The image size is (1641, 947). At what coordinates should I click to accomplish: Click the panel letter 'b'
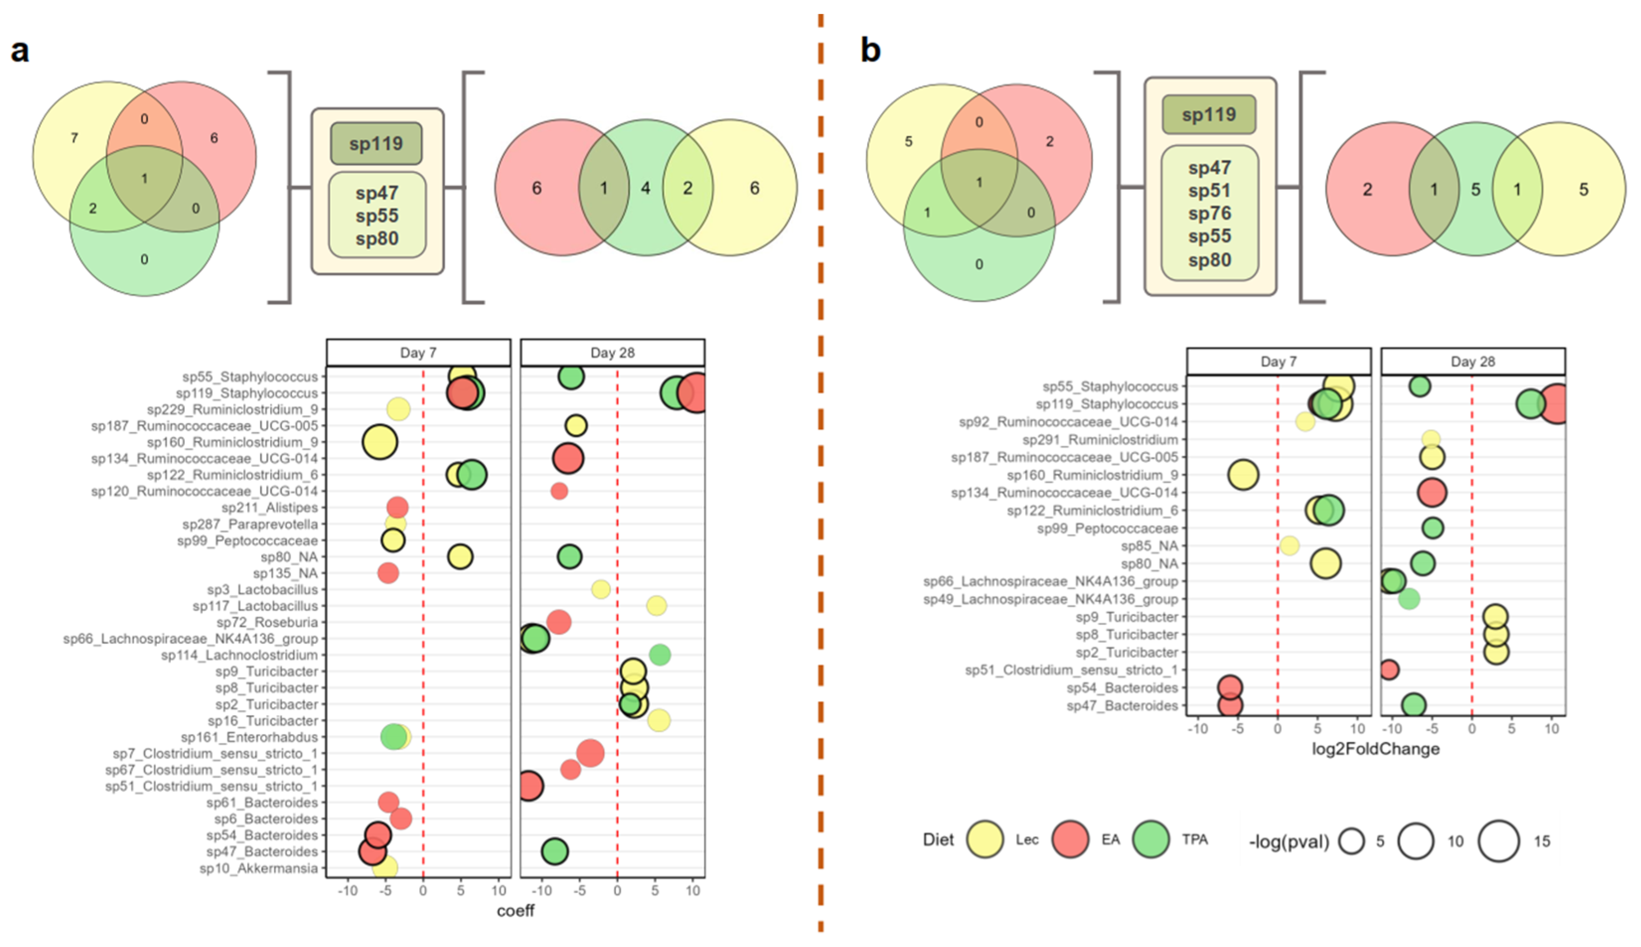(871, 50)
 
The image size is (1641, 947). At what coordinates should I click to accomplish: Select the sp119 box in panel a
(376, 144)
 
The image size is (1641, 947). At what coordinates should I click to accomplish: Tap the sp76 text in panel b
(1209, 214)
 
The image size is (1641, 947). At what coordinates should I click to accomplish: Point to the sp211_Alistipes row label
(269, 508)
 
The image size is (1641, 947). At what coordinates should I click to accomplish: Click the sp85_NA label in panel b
(1149, 546)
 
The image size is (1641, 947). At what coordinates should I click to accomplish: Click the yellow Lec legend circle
(985, 840)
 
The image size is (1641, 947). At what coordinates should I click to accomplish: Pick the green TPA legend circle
(1151, 840)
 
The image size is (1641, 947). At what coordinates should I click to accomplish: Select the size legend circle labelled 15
(1498, 841)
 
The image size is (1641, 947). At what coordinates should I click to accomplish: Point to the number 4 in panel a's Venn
(645, 188)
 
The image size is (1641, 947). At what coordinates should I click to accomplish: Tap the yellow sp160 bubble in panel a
(380, 442)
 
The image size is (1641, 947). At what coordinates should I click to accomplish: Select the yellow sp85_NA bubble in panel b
(1289, 546)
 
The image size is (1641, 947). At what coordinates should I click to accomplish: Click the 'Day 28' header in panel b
(1473, 362)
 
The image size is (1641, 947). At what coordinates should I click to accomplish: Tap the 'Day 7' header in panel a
(418, 353)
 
